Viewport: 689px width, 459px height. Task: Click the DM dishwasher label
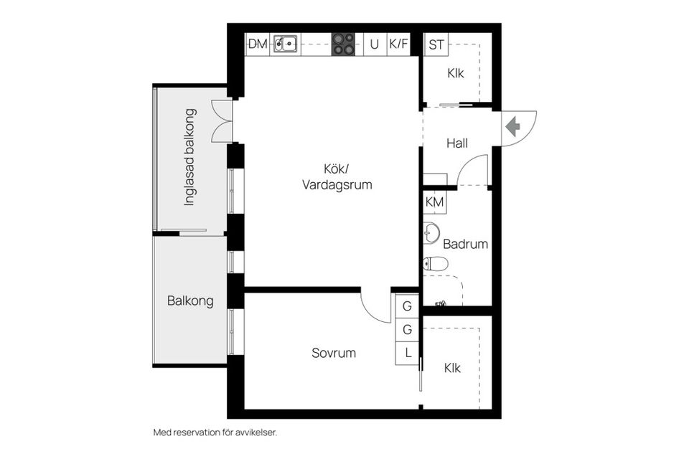pos(258,44)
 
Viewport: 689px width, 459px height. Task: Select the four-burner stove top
pos(343,44)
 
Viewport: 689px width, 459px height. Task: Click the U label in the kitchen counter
pos(374,44)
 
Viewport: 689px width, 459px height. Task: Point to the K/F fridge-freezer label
pos(398,44)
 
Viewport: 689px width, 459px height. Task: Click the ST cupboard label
pos(436,44)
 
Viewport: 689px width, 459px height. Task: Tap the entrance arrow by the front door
pos(512,126)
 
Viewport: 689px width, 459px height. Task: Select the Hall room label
pos(457,143)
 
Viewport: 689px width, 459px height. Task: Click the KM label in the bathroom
pos(435,202)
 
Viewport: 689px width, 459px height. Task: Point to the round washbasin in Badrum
pos(432,233)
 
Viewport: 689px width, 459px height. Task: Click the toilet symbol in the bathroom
pos(435,263)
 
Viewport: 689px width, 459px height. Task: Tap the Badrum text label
pos(465,244)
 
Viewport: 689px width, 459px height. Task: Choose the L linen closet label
pos(407,352)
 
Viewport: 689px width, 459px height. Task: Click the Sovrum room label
pos(334,353)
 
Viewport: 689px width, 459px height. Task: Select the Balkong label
pos(190,301)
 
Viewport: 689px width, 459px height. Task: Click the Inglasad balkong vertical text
pos(189,158)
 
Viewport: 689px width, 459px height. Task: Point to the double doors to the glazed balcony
pos(222,120)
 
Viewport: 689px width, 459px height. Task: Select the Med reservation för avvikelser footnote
pos(215,432)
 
